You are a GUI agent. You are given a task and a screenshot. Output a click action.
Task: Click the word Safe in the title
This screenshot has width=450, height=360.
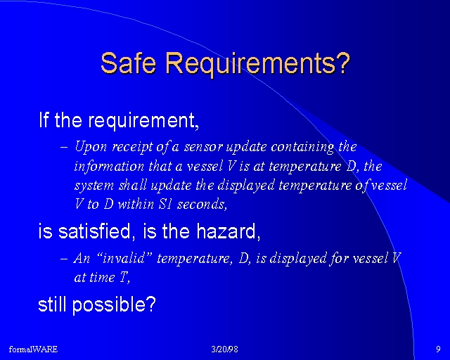[128, 63]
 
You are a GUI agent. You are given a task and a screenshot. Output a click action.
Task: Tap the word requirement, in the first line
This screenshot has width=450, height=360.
[143, 121]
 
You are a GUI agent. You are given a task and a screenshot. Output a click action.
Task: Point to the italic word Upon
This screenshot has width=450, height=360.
[91, 148]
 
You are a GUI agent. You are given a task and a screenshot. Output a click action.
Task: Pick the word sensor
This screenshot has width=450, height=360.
[203, 147]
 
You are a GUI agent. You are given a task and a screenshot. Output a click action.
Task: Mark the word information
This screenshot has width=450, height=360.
[109, 167]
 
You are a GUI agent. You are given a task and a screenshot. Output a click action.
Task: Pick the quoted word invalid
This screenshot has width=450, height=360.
[123, 258]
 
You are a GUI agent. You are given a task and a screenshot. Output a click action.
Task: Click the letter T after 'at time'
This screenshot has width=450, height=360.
[123, 277]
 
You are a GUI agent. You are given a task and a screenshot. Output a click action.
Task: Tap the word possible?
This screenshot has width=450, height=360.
[114, 304]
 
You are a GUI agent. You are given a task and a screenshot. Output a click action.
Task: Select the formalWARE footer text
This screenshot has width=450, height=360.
[33, 349]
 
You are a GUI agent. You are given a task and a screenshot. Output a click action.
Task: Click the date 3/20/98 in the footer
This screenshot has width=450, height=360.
[225, 349]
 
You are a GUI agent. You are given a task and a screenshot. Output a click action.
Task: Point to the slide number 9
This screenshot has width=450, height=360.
[438, 349]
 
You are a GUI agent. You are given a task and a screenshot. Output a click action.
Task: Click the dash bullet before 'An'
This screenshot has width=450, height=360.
[64, 258]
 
